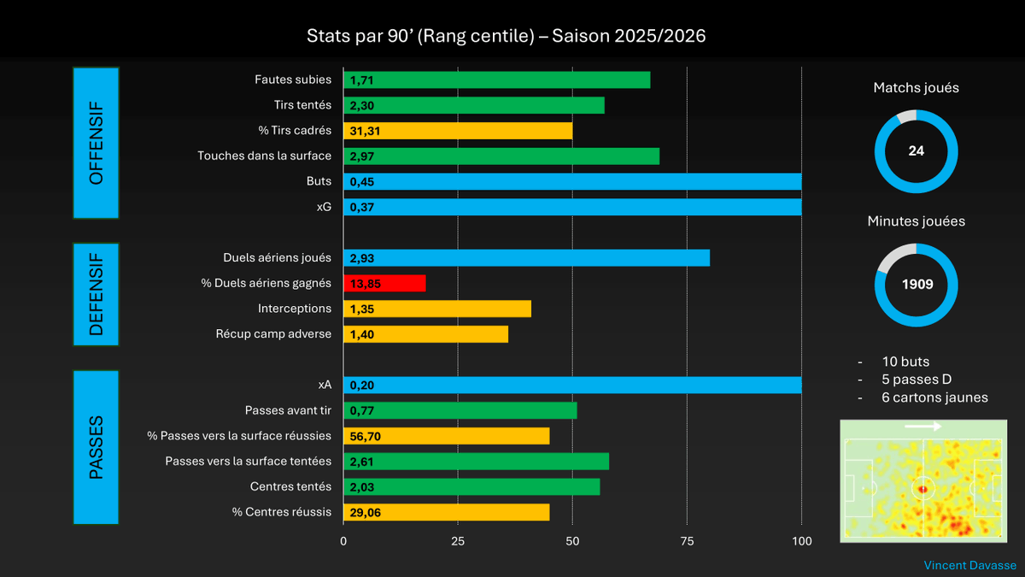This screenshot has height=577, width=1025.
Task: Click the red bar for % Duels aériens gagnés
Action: coord(384,284)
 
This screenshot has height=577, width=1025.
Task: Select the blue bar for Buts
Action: coord(572,181)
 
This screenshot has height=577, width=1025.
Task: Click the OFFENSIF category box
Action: coord(97,143)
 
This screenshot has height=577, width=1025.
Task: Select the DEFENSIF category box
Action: coord(97,295)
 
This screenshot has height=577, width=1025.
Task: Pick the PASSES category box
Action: coord(97,446)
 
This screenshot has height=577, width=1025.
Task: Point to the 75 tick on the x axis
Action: coord(687,541)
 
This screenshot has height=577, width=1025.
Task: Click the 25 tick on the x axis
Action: coord(458,541)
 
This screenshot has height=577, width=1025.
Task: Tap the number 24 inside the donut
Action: coord(917,150)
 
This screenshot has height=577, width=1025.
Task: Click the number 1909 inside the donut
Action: coord(917,284)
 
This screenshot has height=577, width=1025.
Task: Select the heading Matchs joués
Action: coord(916,87)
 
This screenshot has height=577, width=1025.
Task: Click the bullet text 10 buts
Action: coord(905,362)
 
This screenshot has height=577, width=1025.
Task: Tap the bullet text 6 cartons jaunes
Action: coord(934,397)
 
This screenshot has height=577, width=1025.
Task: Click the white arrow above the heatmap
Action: coord(922,426)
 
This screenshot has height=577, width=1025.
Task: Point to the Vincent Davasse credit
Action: coord(969,565)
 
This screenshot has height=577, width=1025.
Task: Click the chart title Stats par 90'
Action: coord(507,37)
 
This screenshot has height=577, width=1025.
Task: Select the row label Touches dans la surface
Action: coord(264,156)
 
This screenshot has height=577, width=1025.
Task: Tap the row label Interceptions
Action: coord(294,309)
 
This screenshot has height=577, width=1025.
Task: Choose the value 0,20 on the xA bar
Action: coord(362,386)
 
